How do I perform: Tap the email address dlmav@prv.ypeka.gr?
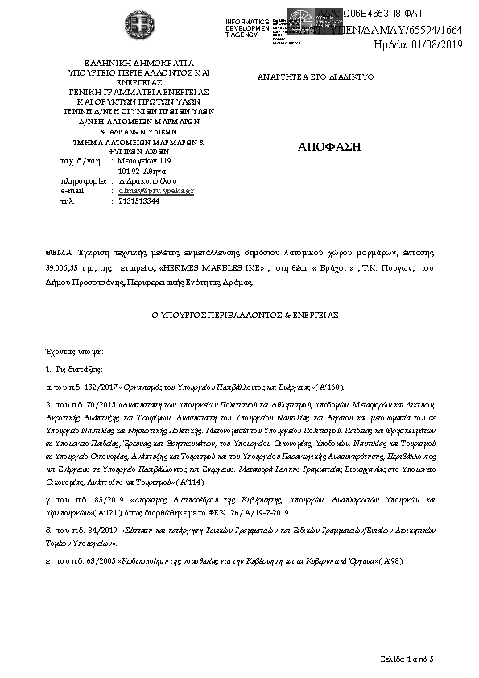[x=156, y=191]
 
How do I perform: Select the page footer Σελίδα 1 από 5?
[x=407, y=659]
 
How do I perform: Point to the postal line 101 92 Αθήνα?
[x=142, y=172]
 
